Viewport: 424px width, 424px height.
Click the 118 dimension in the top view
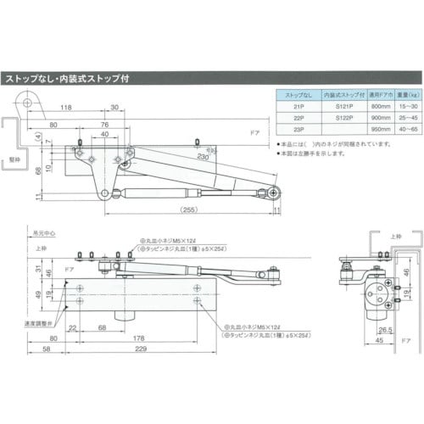(x=64, y=109)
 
